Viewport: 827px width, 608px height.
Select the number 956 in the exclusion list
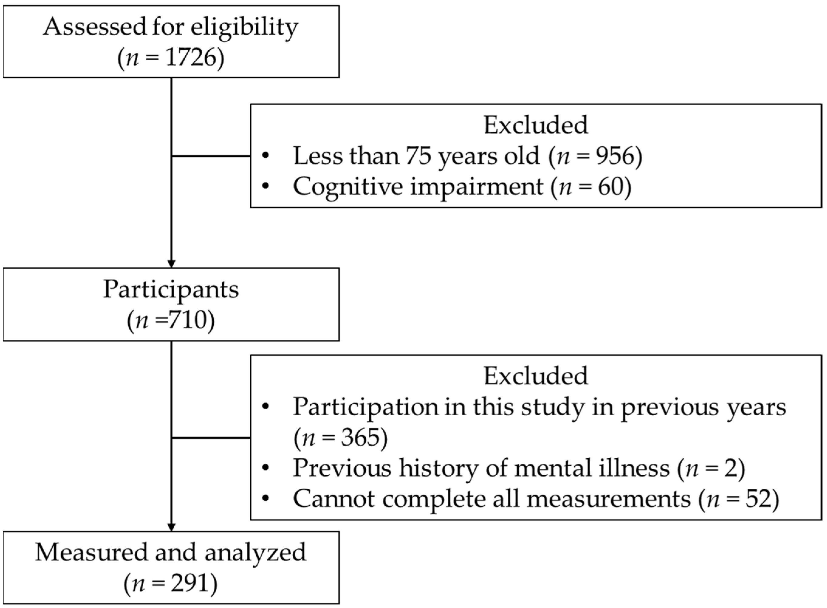click(615, 156)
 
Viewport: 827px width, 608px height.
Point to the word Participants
click(171, 290)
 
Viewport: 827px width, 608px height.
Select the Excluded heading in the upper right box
click(536, 125)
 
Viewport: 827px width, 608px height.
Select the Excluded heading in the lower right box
click(536, 376)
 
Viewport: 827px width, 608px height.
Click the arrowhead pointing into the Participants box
click(171, 263)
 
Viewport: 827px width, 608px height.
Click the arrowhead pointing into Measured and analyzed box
click(171, 527)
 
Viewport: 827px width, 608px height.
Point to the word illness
click(633, 468)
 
